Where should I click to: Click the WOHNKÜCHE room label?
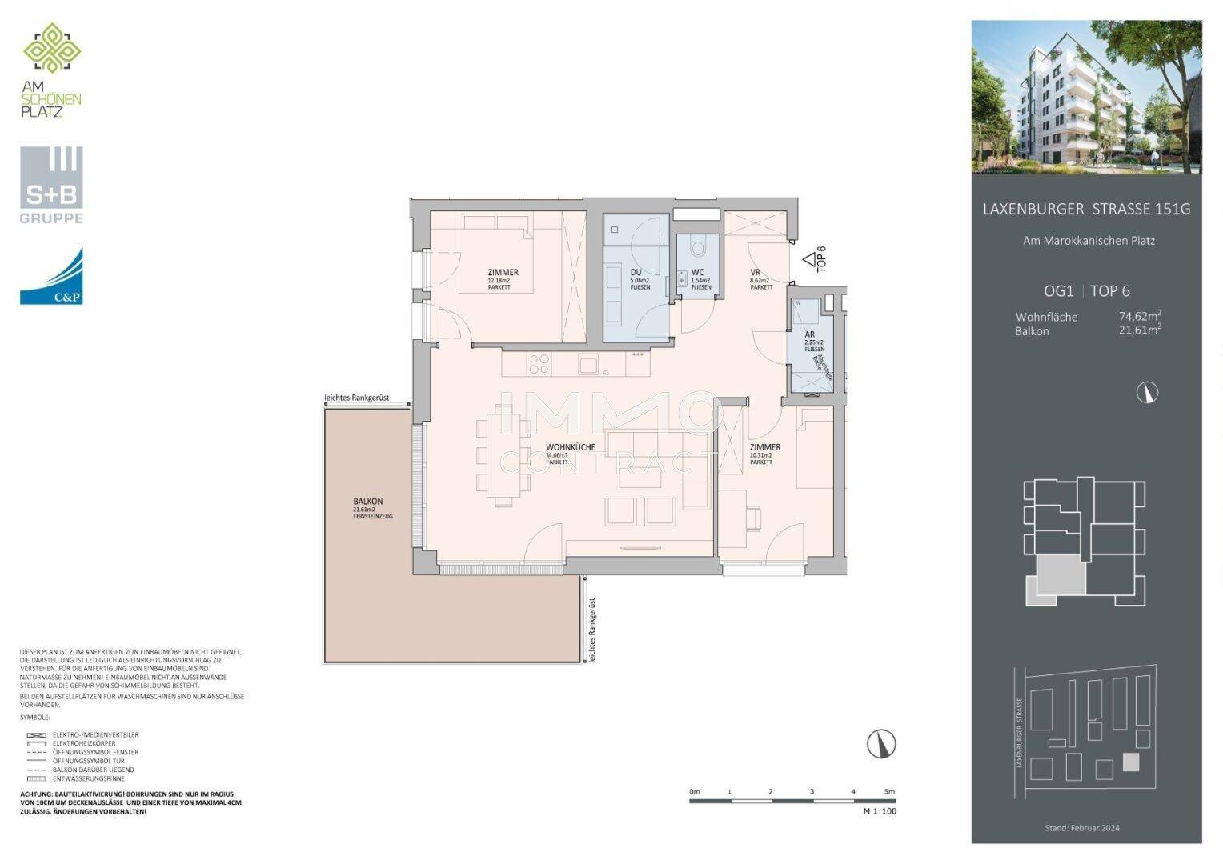click(x=570, y=448)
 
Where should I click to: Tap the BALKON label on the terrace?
click(x=368, y=502)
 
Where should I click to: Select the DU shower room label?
click(x=636, y=272)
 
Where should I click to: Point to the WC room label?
click(x=697, y=272)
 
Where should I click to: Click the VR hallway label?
click(x=755, y=272)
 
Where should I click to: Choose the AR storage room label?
click(x=810, y=334)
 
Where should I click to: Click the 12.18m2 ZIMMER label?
click(x=503, y=273)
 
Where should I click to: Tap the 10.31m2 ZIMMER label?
click(x=764, y=448)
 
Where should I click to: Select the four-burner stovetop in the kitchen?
click(x=539, y=364)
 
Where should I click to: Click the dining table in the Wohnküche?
click(x=503, y=455)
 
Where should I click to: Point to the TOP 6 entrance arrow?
click(x=810, y=259)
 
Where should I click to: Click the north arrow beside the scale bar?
click(x=881, y=743)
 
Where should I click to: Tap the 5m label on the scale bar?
click(x=888, y=791)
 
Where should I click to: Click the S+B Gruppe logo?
click(x=51, y=185)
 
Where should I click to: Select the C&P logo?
click(x=51, y=277)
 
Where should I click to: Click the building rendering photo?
click(x=1086, y=97)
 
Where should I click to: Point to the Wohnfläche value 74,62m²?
click(x=1139, y=316)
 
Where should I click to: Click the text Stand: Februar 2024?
click(x=1082, y=828)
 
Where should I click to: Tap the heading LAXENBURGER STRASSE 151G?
click(x=1086, y=210)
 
